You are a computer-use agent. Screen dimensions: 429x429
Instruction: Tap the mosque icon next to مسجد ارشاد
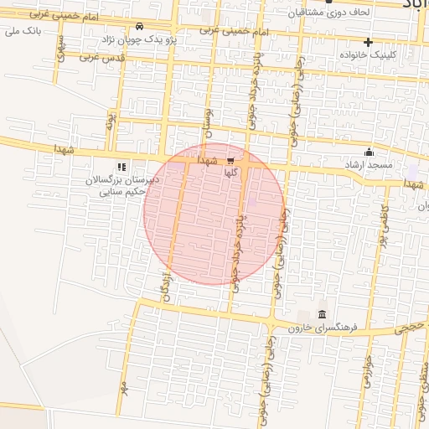point(370,152)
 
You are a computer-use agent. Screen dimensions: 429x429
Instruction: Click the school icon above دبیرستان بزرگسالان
point(122,167)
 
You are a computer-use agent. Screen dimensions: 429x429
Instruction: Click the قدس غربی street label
point(101,58)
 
